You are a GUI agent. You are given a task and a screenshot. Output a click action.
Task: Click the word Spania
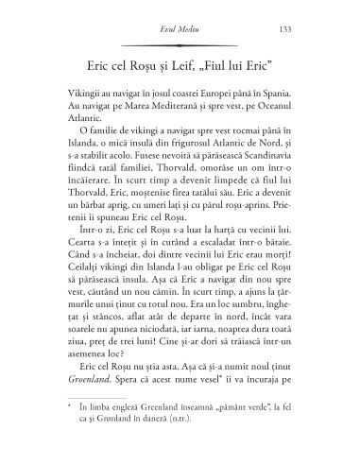click(x=273, y=99)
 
